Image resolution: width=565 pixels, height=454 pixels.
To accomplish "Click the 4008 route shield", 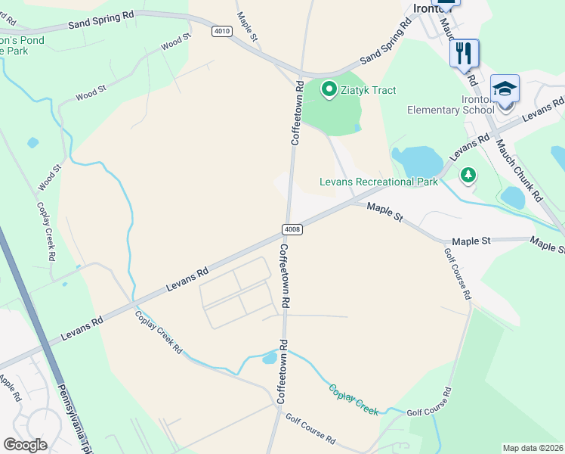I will [x=293, y=229].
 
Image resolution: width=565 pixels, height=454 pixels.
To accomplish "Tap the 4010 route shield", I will [x=221, y=31].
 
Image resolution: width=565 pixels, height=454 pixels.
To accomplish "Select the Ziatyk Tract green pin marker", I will [x=329, y=90].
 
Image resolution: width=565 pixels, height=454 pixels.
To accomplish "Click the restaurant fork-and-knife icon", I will [x=465, y=52].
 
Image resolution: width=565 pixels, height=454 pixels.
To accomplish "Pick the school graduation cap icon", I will [x=505, y=88].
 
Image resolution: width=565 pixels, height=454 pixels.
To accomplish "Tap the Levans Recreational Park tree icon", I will [x=469, y=175].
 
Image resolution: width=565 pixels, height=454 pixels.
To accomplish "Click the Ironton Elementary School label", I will [x=450, y=104].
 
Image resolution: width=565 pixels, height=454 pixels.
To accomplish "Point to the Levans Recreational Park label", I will [x=378, y=182].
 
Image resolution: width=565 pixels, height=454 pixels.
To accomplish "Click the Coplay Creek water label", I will [x=354, y=399].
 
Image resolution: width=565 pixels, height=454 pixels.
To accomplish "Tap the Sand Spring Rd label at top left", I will [x=100, y=19].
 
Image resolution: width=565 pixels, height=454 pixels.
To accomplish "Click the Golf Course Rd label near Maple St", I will [x=458, y=274].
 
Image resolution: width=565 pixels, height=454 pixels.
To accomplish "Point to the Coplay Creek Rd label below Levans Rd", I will [x=159, y=333].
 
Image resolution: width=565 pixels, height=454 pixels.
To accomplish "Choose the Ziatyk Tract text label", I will [x=369, y=90].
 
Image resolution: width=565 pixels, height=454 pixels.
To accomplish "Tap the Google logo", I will [x=25, y=445].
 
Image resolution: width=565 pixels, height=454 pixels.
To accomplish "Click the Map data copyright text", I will [x=533, y=448].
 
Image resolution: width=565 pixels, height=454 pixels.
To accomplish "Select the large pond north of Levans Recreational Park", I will [x=418, y=160].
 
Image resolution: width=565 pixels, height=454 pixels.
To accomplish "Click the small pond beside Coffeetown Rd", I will [x=270, y=358].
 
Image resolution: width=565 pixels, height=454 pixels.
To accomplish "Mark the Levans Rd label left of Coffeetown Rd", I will [x=187, y=278].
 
